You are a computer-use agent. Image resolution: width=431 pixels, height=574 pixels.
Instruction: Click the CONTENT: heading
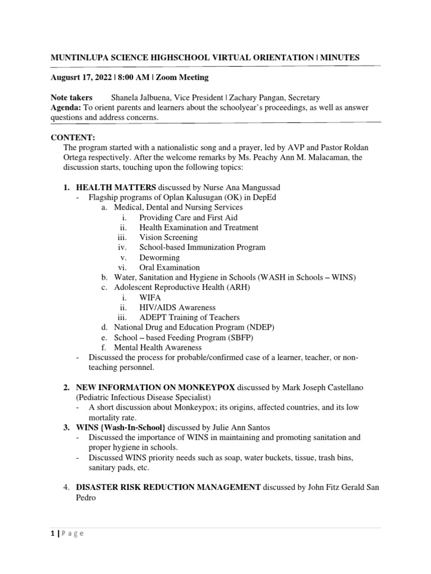[x=74, y=137]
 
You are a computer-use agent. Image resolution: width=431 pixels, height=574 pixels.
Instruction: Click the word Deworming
[x=159, y=258]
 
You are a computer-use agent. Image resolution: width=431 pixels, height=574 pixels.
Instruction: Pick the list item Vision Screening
[x=168, y=238]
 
